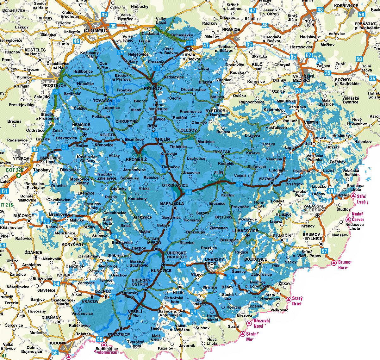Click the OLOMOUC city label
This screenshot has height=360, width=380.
pyautogui.click(x=96, y=31)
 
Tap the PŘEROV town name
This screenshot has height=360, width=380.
pyautogui.click(x=153, y=89)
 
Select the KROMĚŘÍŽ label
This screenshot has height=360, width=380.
pyautogui.click(x=137, y=159)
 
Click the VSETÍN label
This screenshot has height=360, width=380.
pyautogui.click(x=312, y=122)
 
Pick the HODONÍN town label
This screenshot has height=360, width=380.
pyautogui.click(x=58, y=343)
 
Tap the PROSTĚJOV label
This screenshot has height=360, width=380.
pyautogui.click(x=54, y=85)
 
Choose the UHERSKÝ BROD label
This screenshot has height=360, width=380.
pyautogui.click(x=214, y=261)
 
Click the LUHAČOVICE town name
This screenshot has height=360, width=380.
pyautogui.click(x=245, y=231)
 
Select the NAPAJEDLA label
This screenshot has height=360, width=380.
pyautogui.click(x=172, y=203)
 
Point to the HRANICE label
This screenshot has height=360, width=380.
pyautogui.click(x=231, y=29)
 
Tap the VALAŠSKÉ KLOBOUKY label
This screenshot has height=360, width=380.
pyautogui.click(x=314, y=208)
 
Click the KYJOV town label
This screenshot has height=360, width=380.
pyautogui.click(x=64, y=275)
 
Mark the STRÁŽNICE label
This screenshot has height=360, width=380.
pyautogui.click(x=118, y=334)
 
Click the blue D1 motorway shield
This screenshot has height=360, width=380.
pyautogui.click(x=4, y=191)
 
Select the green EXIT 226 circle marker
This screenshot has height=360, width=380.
pyautogui.click(x=19, y=175)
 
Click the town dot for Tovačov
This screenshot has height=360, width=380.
pyautogui.click(x=105, y=95)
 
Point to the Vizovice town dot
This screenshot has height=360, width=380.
pyautogui.click(x=272, y=183)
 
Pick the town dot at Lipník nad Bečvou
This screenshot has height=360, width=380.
pyautogui.click(x=191, y=50)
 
